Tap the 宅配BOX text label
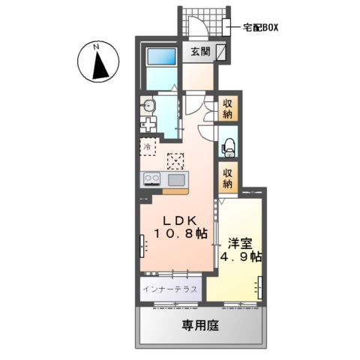coord(260,28)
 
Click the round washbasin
coord(148,105)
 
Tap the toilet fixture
coord(227,145)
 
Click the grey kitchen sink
coord(177,179)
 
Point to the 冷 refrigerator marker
coord(148,146)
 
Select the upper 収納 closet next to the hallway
coord(227,109)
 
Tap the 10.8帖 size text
coord(181,235)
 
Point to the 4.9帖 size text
coord(241,256)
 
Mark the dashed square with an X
coord(175,160)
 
